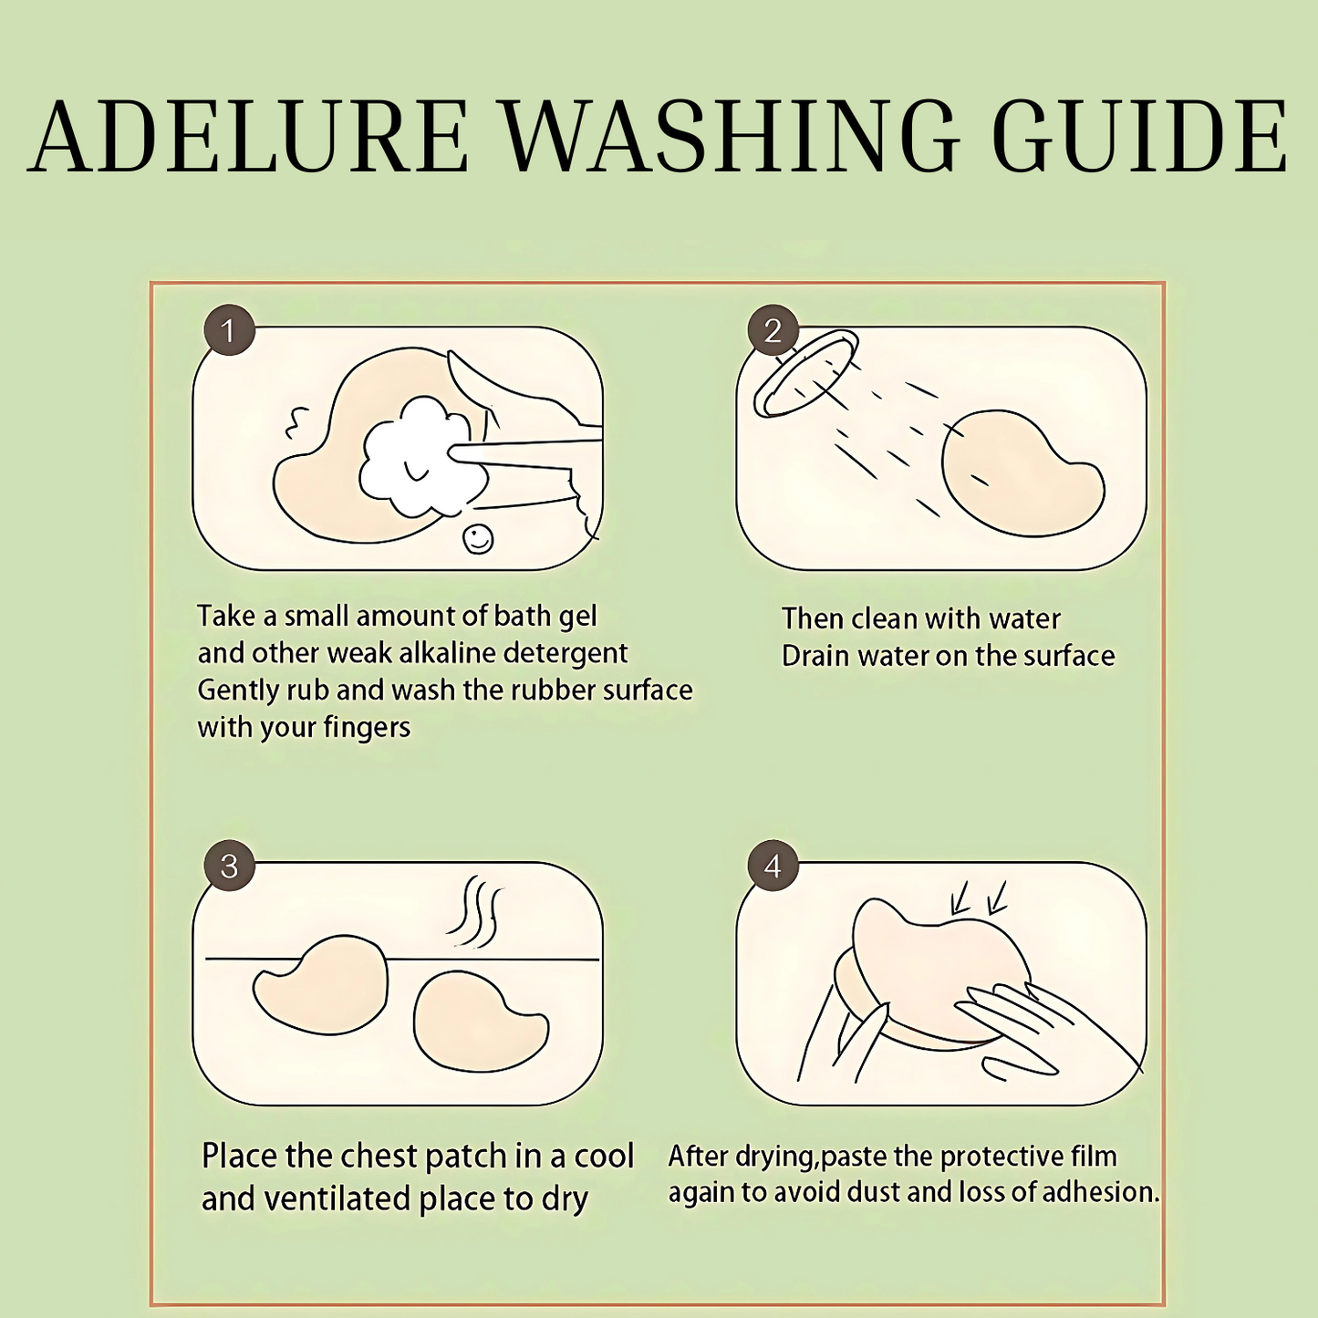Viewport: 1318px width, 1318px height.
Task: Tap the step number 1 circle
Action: (x=229, y=330)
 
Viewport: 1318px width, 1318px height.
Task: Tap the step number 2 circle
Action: (x=773, y=330)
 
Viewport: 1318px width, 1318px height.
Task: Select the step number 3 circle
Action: (x=229, y=866)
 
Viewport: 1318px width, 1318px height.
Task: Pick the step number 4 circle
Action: (x=773, y=866)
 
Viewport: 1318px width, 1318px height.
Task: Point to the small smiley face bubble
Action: (x=478, y=539)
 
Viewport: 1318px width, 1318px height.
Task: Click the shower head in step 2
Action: (x=805, y=373)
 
